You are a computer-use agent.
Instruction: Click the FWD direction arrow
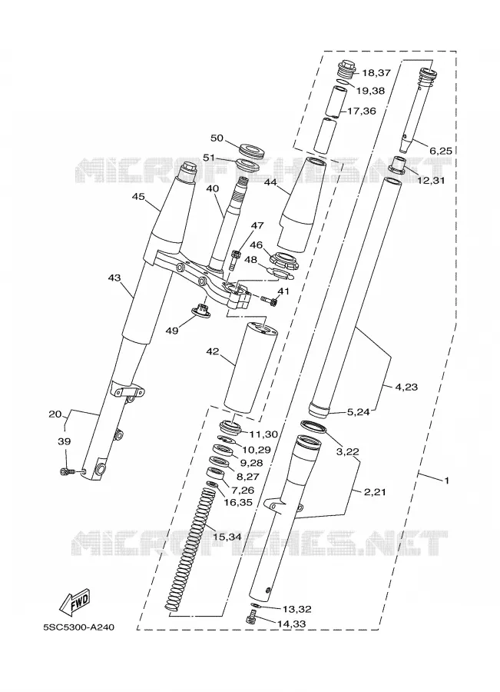pyautogui.click(x=75, y=602)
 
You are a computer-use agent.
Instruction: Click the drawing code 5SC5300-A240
pyautogui.click(x=78, y=627)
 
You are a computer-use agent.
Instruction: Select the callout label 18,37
pyautogui.click(x=376, y=73)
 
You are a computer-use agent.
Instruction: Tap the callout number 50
pyautogui.click(x=217, y=138)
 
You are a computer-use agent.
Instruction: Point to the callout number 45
pyautogui.click(x=138, y=197)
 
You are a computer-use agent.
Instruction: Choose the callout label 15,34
pyautogui.click(x=227, y=537)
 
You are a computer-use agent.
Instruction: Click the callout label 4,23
pyautogui.click(x=406, y=387)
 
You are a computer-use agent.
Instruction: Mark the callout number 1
pyautogui.click(x=447, y=481)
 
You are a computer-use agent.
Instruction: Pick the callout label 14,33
pyautogui.click(x=291, y=624)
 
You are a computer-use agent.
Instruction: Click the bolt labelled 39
pyautogui.click(x=67, y=472)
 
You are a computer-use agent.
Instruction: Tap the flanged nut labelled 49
pyautogui.click(x=204, y=310)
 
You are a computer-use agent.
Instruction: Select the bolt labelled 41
pyautogui.click(x=269, y=301)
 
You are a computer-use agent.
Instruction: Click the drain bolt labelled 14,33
pyautogui.click(x=252, y=616)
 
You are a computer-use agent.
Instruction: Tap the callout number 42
pyautogui.click(x=213, y=351)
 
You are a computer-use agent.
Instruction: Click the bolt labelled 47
pyautogui.click(x=236, y=260)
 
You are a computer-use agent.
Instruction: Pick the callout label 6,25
pyautogui.click(x=441, y=151)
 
